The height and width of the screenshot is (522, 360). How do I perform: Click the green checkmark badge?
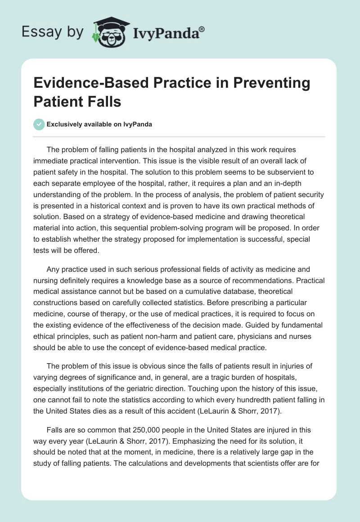coord(39,125)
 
